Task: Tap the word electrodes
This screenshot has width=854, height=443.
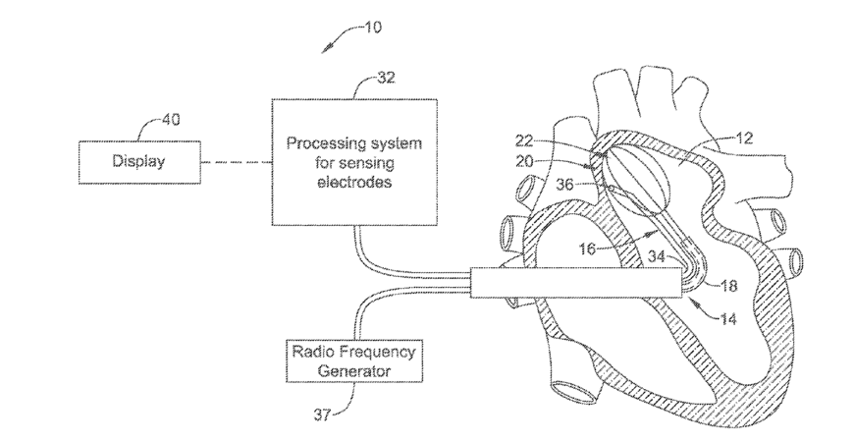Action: coord(353,181)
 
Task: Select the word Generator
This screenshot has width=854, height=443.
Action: coord(353,371)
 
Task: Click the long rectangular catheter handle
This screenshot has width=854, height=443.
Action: coord(575,284)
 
